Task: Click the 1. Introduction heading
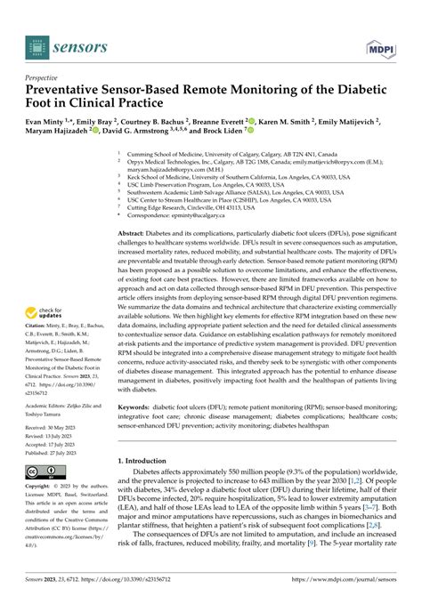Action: coord(149,460)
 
